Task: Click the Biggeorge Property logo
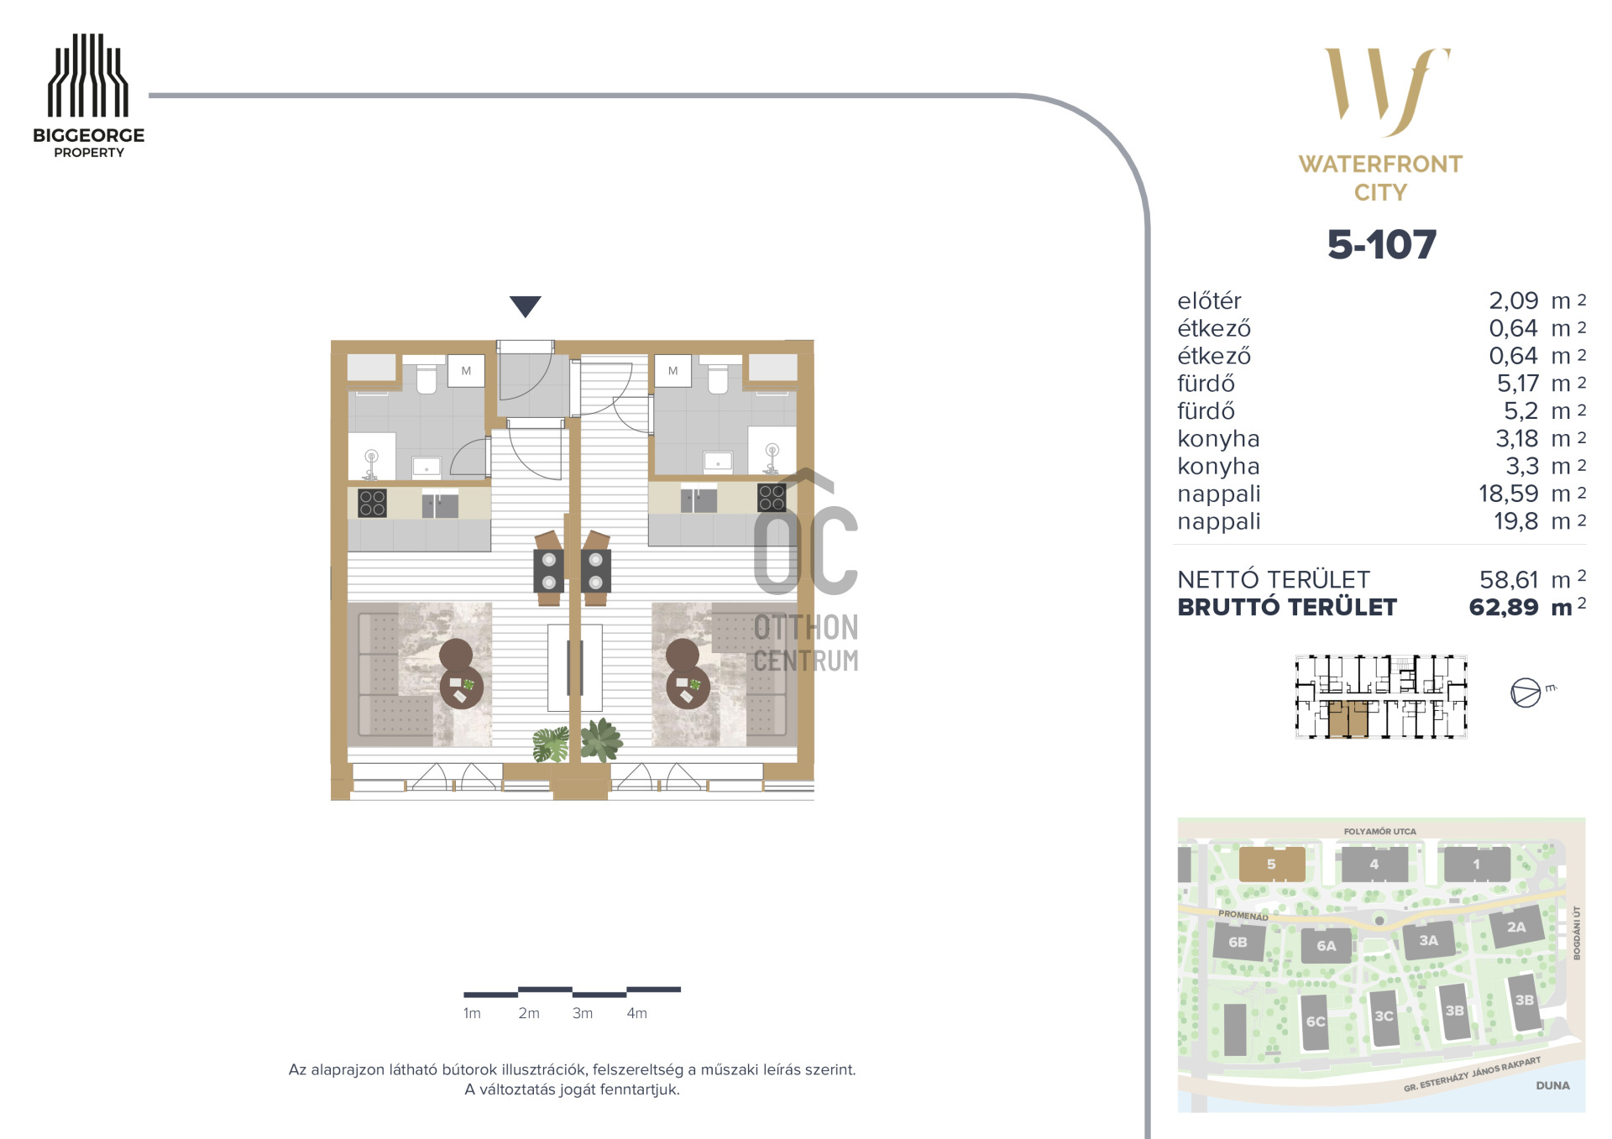(88, 96)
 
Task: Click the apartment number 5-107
(1381, 244)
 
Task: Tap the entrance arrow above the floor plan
(525, 306)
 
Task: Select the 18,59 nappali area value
(1508, 494)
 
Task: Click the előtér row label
(1208, 300)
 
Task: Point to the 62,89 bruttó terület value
(1503, 607)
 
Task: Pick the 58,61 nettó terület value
(1509, 579)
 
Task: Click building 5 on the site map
(1272, 864)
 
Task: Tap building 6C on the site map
(1315, 1021)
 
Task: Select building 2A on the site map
(1516, 927)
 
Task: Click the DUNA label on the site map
(1552, 1085)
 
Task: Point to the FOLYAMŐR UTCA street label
(1379, 832)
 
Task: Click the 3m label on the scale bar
(583, 1013)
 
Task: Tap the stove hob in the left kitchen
(372, 502)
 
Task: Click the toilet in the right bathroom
(718, 378)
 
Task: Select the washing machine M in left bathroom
(466, 371)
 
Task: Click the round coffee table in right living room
(688, 686)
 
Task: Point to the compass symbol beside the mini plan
(1526, 692)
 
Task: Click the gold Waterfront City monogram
(1387, 91)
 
